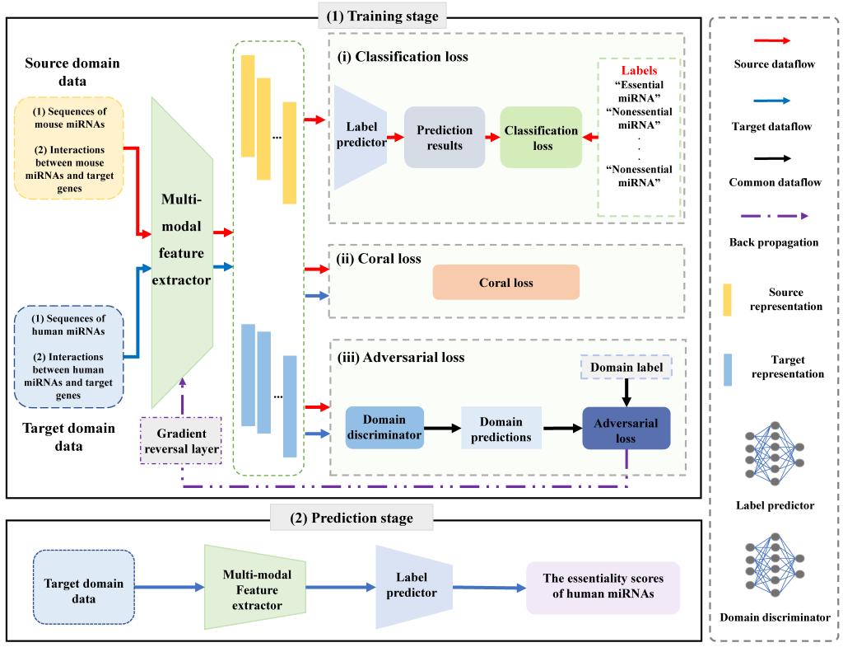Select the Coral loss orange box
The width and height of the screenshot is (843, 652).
click(x=505, y=283)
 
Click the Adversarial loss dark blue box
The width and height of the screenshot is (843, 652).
click(x=626, y=428)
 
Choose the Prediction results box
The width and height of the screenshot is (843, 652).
click(x=445, y=138)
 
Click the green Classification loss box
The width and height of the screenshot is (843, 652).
click(x=541, y=138)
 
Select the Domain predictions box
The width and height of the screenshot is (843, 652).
click(x=501, y=428)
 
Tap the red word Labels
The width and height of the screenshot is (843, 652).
click(x=639, y=71)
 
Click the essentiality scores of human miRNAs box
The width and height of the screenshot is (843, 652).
click(x=603, y=588)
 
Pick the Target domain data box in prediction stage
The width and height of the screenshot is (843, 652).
click(x=84, y=589)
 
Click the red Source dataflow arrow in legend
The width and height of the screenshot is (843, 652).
click(x=774, y=39)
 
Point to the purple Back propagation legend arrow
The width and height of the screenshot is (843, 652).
click(x=774, y=217)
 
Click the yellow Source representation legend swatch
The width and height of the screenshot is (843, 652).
click(x=727, y=298)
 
